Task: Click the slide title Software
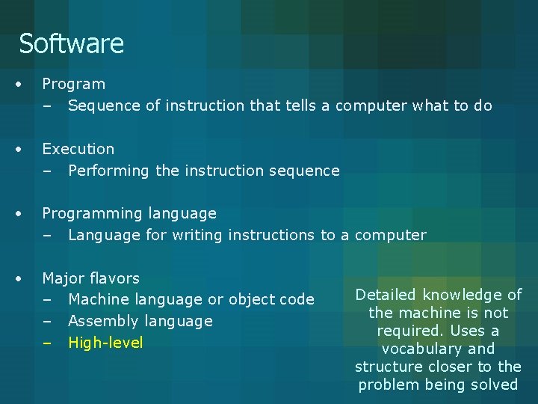(x=71, y=43)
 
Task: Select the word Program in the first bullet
(x=73, y=85)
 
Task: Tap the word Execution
(x=78, y=149)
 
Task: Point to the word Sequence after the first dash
(x=104, y=105)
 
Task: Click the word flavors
(x=114, y=278)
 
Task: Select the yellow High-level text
(x=105, y=343)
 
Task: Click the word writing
(x=198, y=235)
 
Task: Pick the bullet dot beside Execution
(x=25, y=149)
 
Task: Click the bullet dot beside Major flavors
(x=25, y=278)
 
